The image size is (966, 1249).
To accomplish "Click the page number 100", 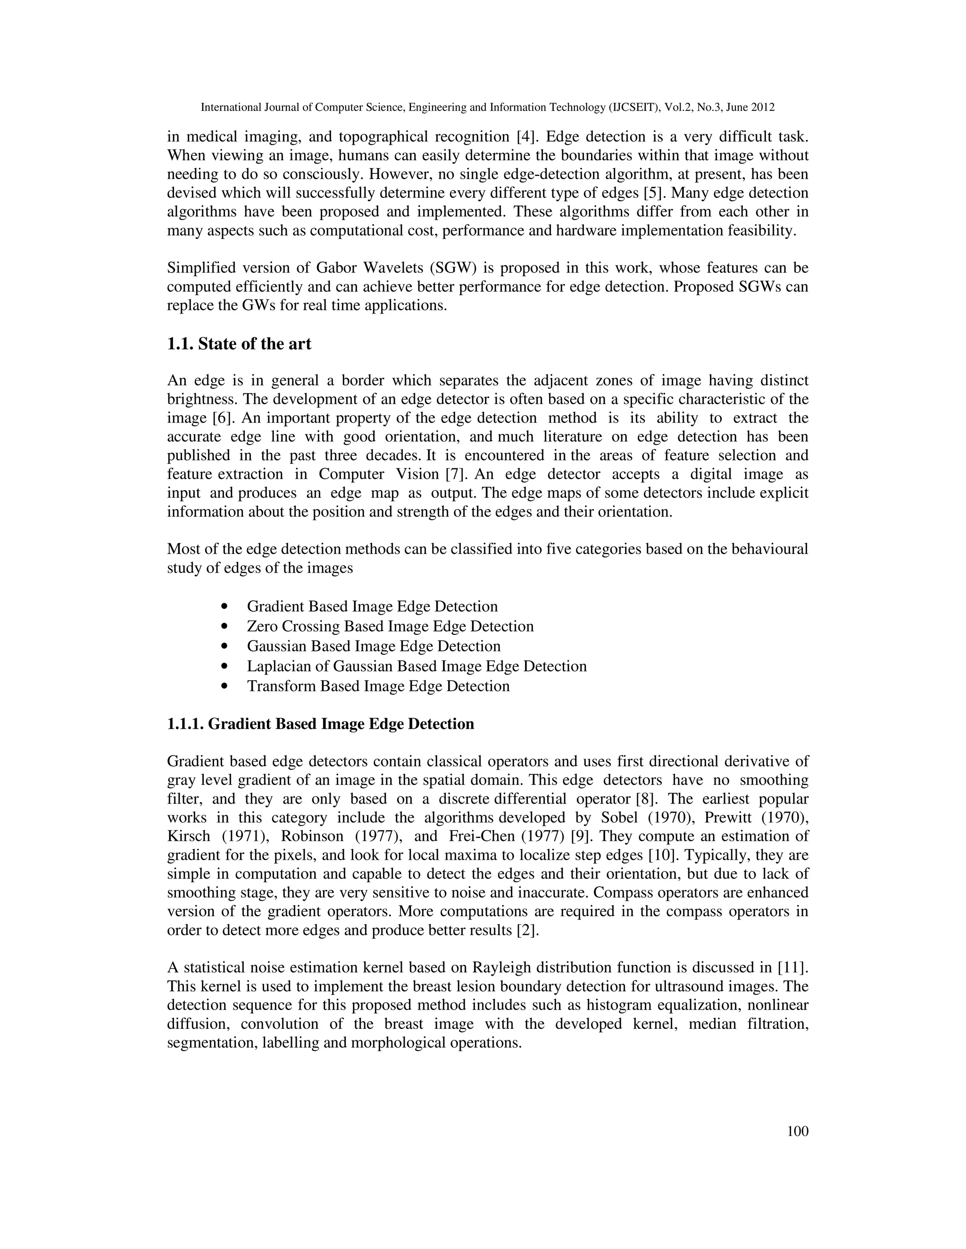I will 797,1131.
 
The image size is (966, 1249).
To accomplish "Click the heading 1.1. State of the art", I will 239,344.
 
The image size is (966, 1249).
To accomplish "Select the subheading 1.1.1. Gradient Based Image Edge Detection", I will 320,724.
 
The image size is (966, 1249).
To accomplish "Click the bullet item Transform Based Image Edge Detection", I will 378,686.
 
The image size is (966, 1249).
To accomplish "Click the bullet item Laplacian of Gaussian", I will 416,666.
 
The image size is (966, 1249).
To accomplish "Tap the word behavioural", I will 768,549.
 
